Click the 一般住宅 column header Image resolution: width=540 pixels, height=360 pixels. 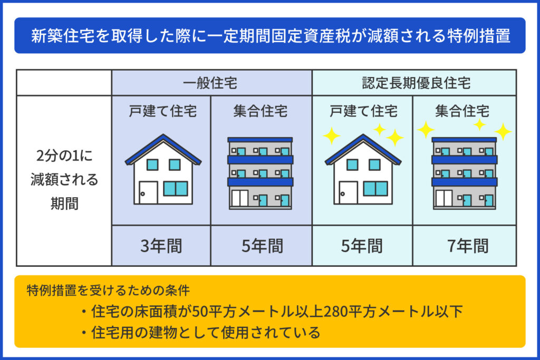pyautogui.click(x=210, y=83)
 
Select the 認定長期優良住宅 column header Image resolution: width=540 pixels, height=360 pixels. pyautogui.click(x=416, y=83)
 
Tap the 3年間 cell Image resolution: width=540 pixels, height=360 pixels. pyautogui.click(x=161, y=246)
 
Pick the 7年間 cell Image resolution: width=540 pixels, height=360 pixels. pyautogui.click(x=468, y=246)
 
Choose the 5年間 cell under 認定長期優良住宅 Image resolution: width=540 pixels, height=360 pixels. pyautogui.click(x=362, y=246)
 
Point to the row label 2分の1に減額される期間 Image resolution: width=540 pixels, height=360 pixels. pyautogui.click(x=64, y=180)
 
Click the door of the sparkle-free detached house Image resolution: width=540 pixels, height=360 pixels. pyautogui.click(x=148, y=193)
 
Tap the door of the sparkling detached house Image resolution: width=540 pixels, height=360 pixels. pyautogui.click(x=348, y=193)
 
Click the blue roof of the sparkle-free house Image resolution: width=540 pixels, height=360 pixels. pyautogui.click(x=163, y=149)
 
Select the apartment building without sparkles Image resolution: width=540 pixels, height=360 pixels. pyautogui.click(x=261, y=173)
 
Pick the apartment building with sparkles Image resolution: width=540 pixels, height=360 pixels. pyautogui.click(x=464, y=173)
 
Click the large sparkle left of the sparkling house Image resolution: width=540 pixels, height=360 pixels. pyautogui.click(x=332, y=135)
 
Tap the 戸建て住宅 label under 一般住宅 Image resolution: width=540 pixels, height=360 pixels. pyautogui.click(x=163, y=111)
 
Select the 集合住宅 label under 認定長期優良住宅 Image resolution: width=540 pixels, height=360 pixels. pyautogui.click(x=462, y=111)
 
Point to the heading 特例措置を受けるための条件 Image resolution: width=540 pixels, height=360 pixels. pyautogui.click(x=108, y=290)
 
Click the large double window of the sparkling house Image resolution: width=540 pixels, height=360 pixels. pyautogui.click(x=375, y=189)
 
